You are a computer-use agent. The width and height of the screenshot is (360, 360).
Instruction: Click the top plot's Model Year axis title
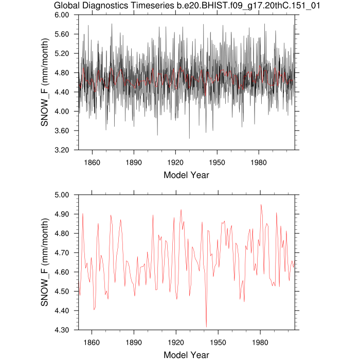(x=186, y=175)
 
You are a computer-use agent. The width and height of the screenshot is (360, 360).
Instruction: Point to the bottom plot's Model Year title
(x=186, y=355)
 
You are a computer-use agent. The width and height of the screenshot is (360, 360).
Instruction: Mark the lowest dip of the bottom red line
(x=206, y=327)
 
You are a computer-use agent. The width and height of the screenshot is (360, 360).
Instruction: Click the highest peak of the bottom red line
(x=261, y=205)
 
